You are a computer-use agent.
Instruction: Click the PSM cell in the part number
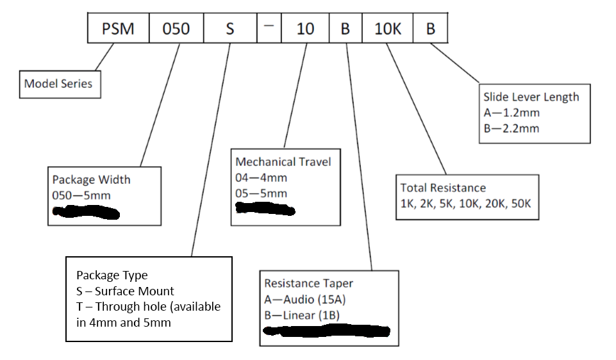[x=119, y=29]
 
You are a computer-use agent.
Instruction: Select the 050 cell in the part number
[x=176, y=29]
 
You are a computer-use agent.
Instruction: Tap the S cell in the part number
[x=230, y=29]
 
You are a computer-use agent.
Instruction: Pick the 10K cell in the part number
[x=387, y=29]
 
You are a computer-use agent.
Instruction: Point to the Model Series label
[x=58, y=83]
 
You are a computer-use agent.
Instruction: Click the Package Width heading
[x=91, y=179]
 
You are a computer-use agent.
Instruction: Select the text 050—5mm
[x=78, y=195]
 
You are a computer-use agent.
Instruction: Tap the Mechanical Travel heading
[x=283, y=161]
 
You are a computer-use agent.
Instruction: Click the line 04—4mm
[x=261, y=177]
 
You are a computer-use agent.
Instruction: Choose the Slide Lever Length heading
[x=531, y=97]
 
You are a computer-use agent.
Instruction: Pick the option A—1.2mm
[x=512, y=113]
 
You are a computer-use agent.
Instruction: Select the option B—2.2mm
[x=512, y=128]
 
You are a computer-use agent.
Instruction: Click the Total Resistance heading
[x=443, y=188]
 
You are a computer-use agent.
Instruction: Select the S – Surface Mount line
[x=125, y=291]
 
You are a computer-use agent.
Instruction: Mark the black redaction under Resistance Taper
[x=327, y=331]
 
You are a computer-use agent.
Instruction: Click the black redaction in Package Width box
[x=86, y=212]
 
